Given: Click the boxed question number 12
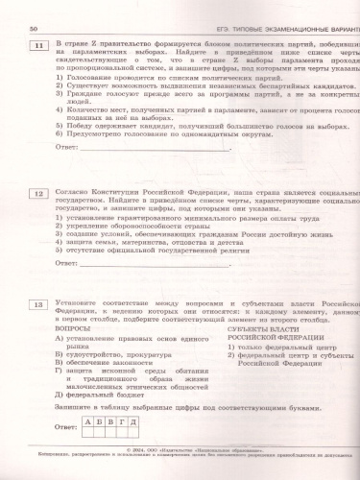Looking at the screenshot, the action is tap(38, 193).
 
